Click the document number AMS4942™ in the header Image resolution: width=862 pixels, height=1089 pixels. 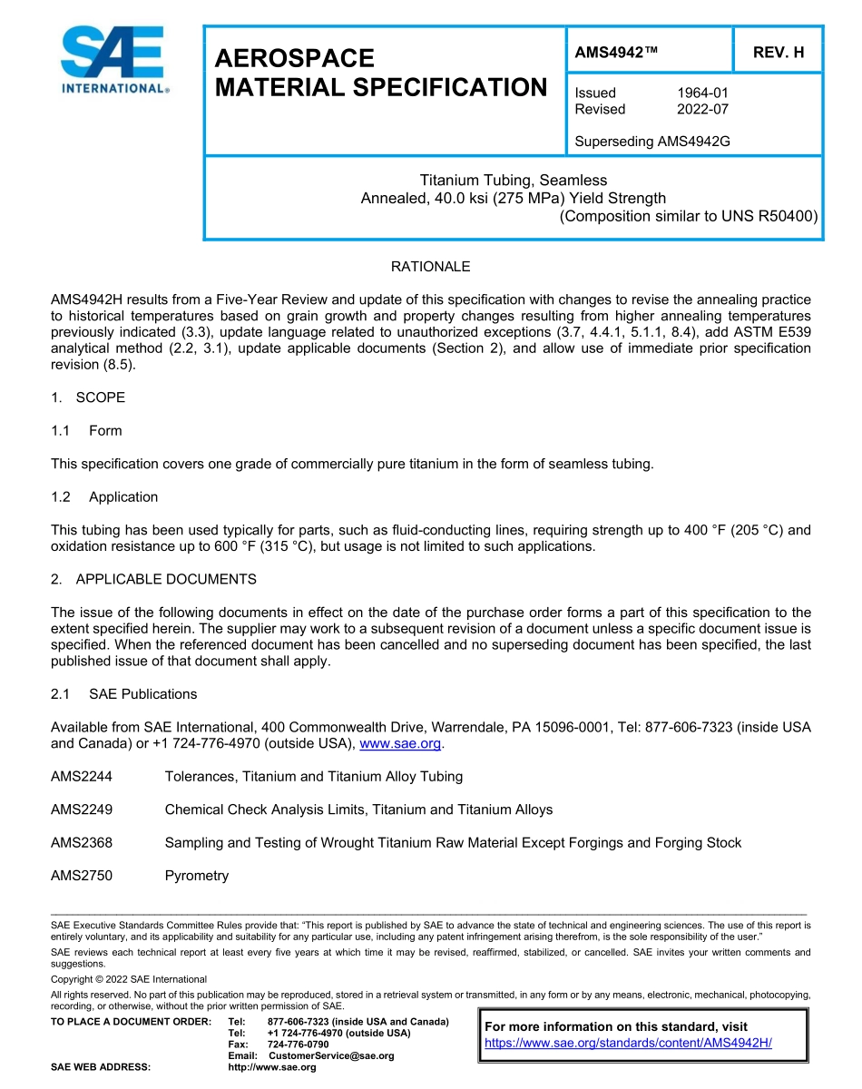[616, 53]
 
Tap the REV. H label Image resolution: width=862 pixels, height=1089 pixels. [779, 53]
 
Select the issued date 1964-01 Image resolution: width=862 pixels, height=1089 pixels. [702, 93]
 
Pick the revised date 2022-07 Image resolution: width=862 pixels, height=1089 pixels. [702, 109]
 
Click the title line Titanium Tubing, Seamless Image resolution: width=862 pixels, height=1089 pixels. [513, 181]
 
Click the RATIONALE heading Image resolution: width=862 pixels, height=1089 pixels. [430, 267]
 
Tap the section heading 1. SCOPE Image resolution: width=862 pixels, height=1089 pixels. [88, 397]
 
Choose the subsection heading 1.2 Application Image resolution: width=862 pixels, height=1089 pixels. [104, 496]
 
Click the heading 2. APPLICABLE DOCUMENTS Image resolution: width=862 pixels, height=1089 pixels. [153, 579]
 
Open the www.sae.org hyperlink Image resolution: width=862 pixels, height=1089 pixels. [400, 743]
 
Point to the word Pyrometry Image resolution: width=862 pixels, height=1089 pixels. [197, 876]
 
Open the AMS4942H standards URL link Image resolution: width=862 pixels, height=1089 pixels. [628, 1043]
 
